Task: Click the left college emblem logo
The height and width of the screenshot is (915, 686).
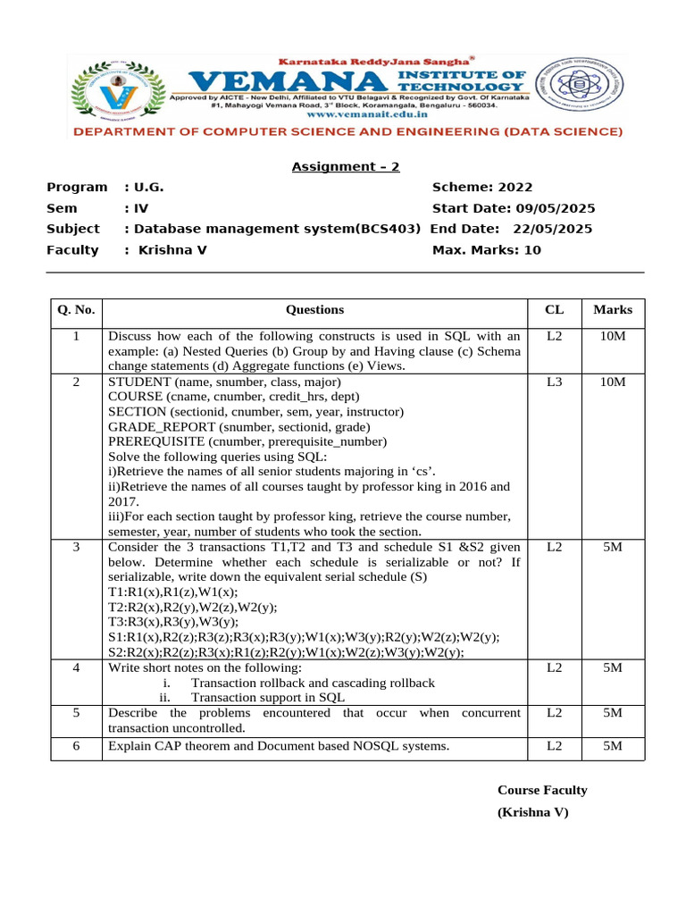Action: [118, 87]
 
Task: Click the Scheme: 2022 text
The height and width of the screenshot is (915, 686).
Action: [481, 188]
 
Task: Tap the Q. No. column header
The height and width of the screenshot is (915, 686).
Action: [76, 311]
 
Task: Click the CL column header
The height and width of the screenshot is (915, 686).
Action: [554, 310]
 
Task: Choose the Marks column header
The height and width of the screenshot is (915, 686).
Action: [612, 310]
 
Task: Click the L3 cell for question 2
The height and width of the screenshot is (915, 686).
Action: [554, 382]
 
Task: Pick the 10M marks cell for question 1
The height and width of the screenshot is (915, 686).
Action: [612, 337]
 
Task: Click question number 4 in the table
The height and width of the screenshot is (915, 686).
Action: [76, 668]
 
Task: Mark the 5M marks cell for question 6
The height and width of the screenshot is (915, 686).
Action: [612, 746]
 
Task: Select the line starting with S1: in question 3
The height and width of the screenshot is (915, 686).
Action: [304, 637]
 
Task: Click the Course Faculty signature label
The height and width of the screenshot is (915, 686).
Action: [542, 791]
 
